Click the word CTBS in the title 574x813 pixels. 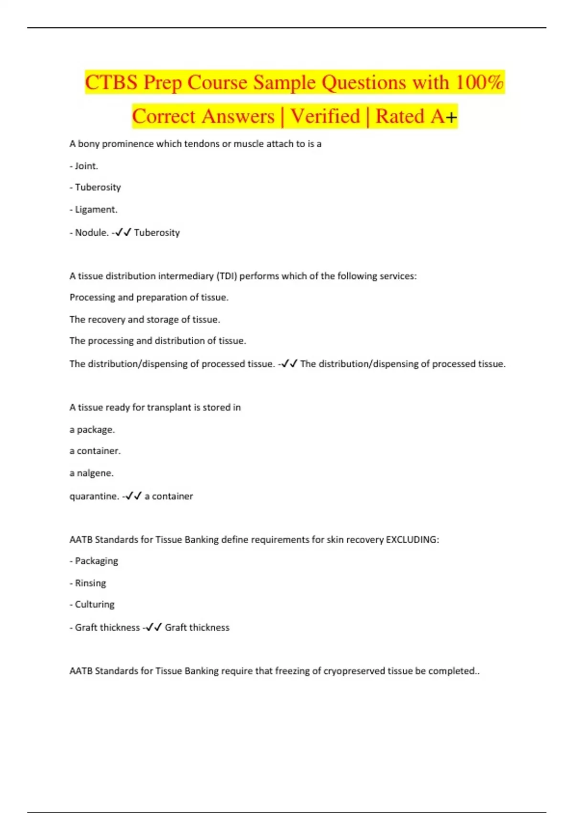(x=111, y=82)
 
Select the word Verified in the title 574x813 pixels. (x=325, y=116)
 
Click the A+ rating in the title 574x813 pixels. (x=444, y=116)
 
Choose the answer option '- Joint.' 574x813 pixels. (x=84, y=166)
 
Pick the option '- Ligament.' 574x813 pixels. (x=93, y=209)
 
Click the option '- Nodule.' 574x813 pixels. (x=89, y=232)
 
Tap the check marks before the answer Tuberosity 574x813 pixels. (x=123, y=232)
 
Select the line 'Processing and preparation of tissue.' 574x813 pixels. (x=149, y=297)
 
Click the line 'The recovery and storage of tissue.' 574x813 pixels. (x=144, y=319)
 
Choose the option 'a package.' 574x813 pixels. (x=92, y=429)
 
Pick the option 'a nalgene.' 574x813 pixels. (x=91, y=473)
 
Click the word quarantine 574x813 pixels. (x=94, y=496)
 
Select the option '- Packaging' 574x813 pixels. (x=94, y=561)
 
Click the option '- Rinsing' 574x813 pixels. (x=88, y=583)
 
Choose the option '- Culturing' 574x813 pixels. (x=92, y=604)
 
